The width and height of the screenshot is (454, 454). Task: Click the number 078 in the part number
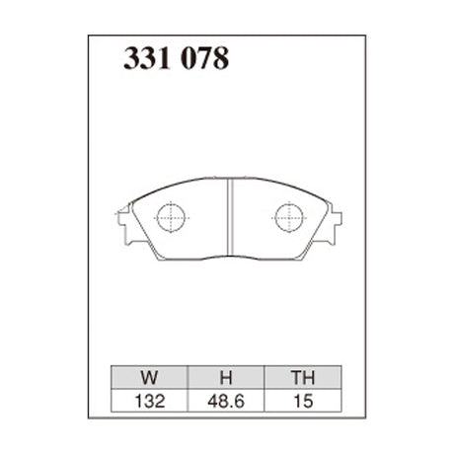pyautogui.click(x=206, y=59)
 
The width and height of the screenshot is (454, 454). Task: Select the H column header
pyautogui.click(x=224, y=376)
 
